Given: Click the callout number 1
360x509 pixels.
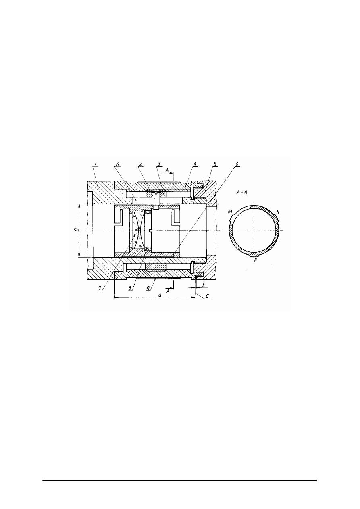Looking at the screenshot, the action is point(96,163).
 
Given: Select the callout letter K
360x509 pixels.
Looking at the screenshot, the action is point(117,163).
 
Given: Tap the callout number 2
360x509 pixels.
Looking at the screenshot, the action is point(141,163).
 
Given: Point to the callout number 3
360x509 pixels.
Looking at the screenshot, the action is point(159,163).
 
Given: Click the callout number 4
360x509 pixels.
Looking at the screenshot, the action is point(195,164).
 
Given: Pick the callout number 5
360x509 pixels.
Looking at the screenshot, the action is point(215,164).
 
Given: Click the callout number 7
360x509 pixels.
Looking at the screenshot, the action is point(99,288).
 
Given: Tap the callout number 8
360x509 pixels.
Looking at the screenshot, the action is point(130,288).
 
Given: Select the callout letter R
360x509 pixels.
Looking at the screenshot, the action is point(148,288).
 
